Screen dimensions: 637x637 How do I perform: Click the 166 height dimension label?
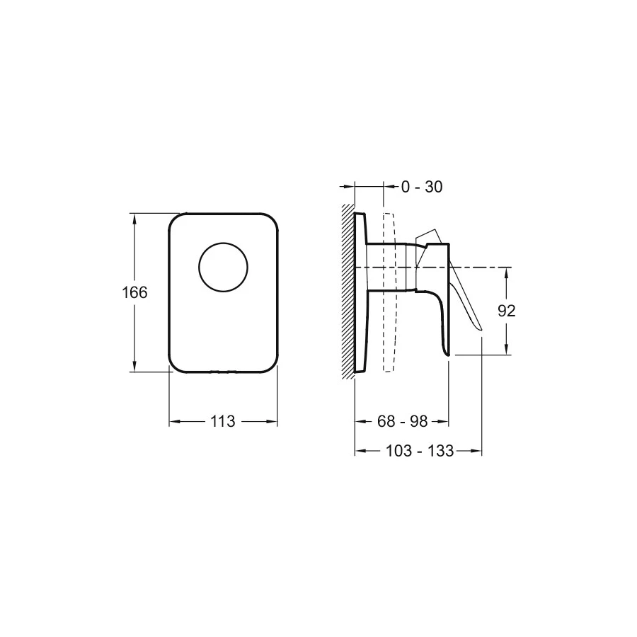(x=134, y=292)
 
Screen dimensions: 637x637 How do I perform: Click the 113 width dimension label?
(x=223, y=421)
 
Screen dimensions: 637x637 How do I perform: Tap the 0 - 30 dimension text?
(x=422, y=187)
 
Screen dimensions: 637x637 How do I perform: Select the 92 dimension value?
(x=506, y=311)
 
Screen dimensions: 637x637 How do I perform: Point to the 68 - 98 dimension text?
(x=402, y=421)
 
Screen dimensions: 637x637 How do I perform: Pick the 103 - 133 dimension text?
(x=419, y=451)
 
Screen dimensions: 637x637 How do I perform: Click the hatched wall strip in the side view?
(x=348, y=291)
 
